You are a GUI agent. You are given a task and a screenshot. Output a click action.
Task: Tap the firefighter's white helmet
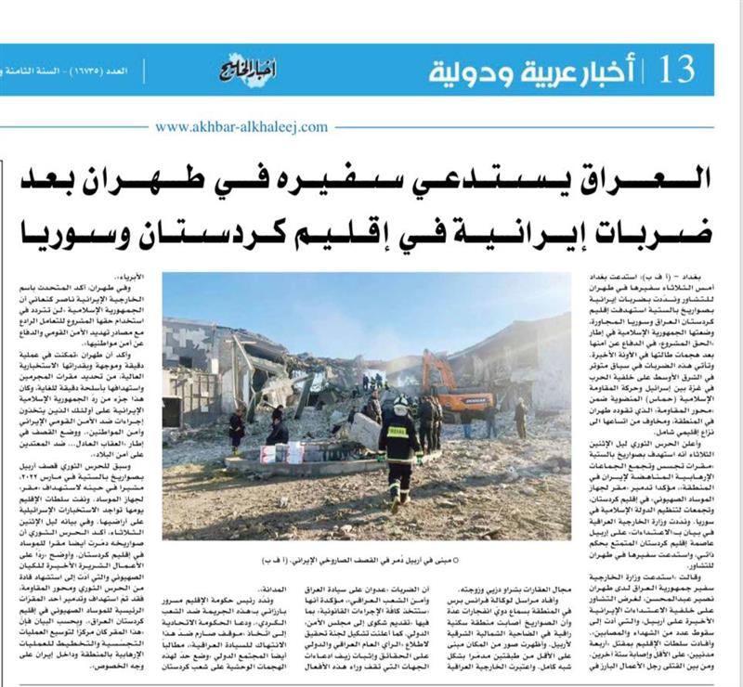[x=400, y=402]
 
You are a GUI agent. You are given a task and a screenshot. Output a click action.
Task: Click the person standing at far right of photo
[x=521, y=417]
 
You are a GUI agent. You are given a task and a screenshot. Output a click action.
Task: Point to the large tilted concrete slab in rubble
[x=243, y=353]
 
